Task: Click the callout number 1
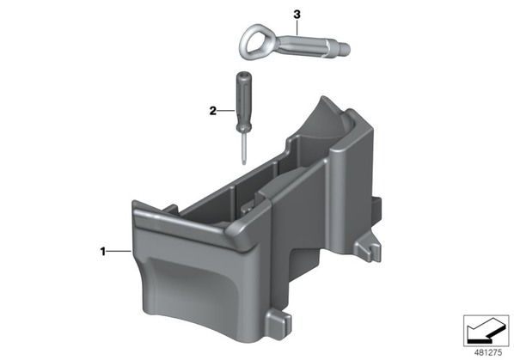point(103,252)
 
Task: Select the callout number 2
point(213,111)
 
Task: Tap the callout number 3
point(297,15)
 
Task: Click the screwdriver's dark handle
point(242,102)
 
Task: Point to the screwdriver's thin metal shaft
point(243,148)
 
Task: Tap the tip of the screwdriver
point(244,163)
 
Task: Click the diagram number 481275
point(488,352)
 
